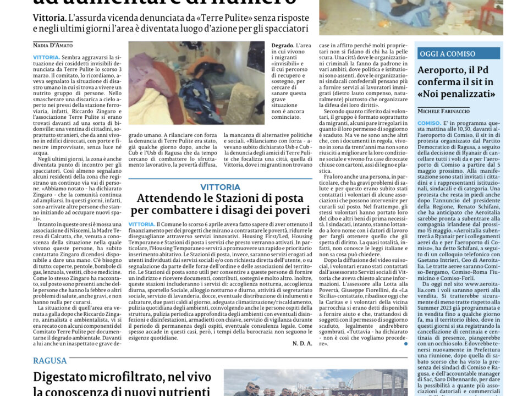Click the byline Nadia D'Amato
53,45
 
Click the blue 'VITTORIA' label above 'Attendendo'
220,187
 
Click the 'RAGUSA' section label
50,361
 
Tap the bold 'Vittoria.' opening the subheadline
50,18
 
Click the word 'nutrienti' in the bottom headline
183,392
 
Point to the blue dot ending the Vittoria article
406,344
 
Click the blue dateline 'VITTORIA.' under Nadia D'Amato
46,57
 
